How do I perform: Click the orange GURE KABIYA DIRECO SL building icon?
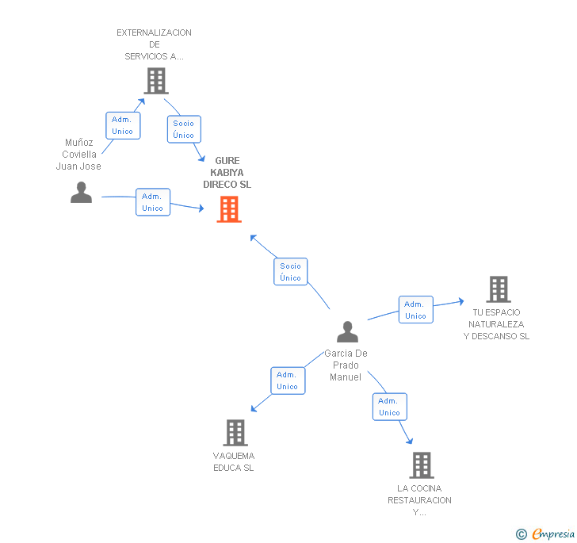click(229, 209)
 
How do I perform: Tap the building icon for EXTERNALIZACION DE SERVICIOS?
click(156, 80)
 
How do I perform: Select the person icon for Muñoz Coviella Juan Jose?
click(81, 193)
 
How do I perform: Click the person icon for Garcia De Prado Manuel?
click(347, 331)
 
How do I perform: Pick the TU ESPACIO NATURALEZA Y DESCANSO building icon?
click(498, 289)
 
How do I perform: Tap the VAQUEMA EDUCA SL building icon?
click(235, 433)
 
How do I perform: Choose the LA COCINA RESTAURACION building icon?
click(421, 465)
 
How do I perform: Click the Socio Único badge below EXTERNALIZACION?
click(184, 129)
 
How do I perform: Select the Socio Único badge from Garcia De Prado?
click(291, 272)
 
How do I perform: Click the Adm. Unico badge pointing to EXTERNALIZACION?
click(123, 125)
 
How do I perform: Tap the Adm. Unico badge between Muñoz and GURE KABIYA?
click(152, 202)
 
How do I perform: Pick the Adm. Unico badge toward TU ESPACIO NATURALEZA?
click(415, 310)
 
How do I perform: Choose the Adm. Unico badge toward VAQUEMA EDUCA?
click(287, 380)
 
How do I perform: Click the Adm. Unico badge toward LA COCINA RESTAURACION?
click(389, 407)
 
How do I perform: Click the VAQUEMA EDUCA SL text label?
click(234, 461)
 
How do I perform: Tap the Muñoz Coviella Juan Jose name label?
click(78, 155)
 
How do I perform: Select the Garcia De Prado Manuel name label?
click(346, 365)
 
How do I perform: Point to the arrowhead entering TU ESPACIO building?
click(460, 300)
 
